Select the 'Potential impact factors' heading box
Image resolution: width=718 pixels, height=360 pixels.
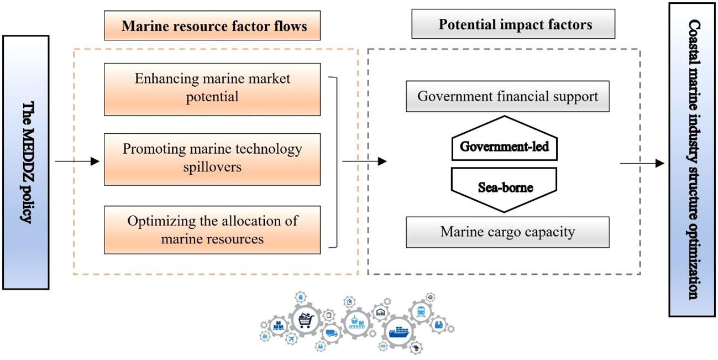[513, 24]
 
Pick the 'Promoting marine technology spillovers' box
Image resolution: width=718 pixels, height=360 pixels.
[212, 159]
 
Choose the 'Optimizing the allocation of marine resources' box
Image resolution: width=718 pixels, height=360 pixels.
[212, 230]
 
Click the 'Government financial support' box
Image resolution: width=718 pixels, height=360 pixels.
[507, 97]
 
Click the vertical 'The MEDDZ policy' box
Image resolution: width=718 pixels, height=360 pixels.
[26, 162]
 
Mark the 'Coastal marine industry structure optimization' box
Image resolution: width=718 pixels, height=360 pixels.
[691, 159]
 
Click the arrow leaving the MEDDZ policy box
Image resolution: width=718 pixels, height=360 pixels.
[77, 161]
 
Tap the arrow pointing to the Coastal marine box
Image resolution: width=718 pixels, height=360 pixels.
[641, 163]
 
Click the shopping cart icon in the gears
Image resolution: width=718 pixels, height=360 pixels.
[304, 320]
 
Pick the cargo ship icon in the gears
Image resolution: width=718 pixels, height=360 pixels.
[399, 332]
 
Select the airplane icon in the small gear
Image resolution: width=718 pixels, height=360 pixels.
[292, 337]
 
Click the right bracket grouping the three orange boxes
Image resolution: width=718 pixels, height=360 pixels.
[334, 162]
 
